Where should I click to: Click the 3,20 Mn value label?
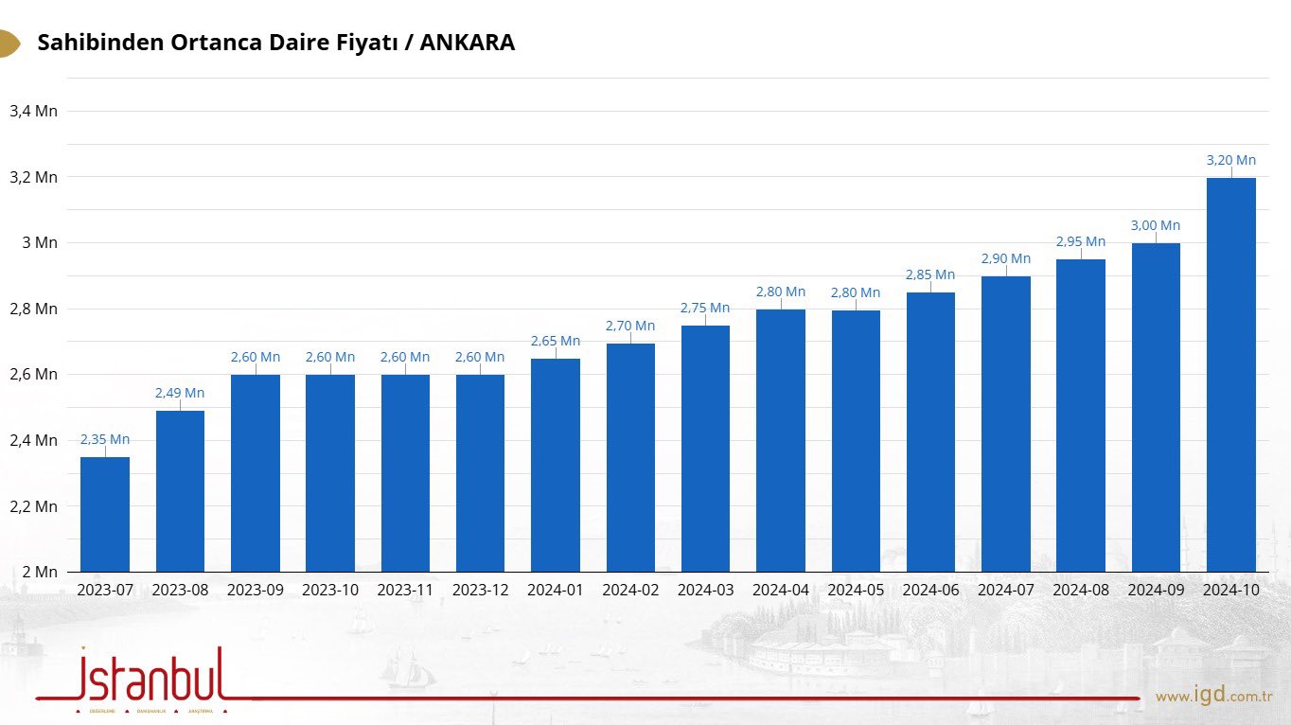(1231, 160)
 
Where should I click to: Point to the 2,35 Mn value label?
(105, 439)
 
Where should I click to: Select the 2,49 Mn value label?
(180, 393)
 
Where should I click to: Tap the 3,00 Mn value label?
(1156, 225)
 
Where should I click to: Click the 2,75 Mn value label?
(705, 308)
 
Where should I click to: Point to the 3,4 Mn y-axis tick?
(33, 111)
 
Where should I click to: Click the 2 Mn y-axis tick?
(40, 572)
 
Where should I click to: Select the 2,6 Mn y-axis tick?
(33, 374)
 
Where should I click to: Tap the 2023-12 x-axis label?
(480, 590)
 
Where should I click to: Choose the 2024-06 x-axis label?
(930, 590)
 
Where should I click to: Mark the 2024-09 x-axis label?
(1156, 590)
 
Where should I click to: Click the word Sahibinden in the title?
(98, 43)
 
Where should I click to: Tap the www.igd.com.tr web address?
(1213, 697)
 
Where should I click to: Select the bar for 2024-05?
(856, 441)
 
